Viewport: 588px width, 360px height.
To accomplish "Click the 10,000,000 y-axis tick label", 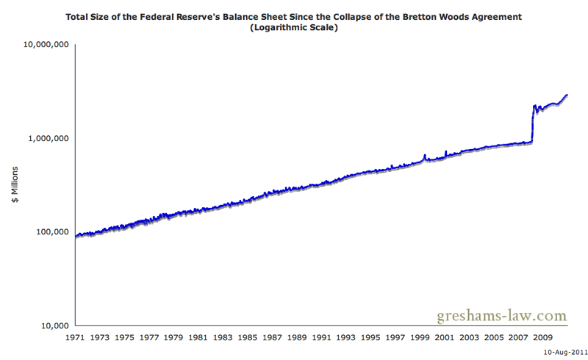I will tap(48, 45).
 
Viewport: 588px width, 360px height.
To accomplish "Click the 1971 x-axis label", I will tap(76, 338).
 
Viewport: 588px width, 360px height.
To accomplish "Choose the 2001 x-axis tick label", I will tap(442, 338).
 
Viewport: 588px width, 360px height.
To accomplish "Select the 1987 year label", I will tap(271, 338).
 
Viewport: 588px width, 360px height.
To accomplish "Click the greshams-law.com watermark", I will tap(503, 316).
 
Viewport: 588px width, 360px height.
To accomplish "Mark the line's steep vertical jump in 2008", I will tap(532, 125).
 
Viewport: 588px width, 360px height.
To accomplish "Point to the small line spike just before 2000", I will tap(425, 156).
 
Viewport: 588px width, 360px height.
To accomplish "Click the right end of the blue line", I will tap(567, 95).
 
